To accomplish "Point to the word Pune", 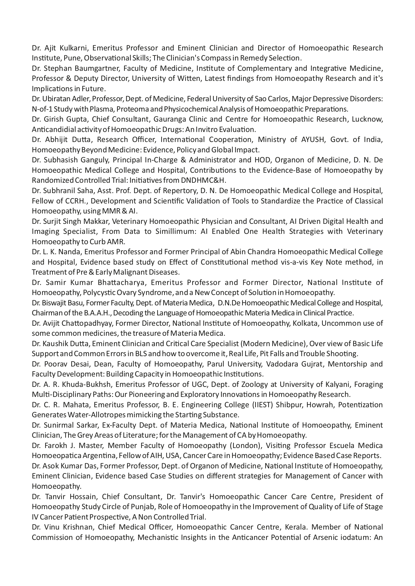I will click(x=71, y=58).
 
